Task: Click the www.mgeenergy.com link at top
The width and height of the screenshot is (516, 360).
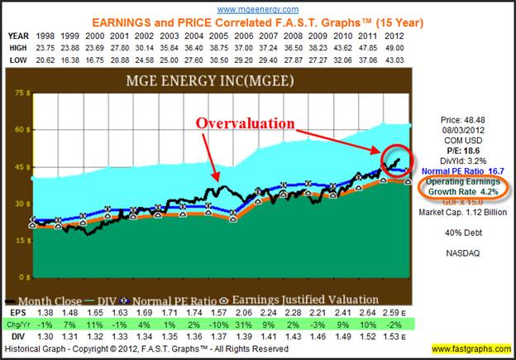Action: (x=258, y=8)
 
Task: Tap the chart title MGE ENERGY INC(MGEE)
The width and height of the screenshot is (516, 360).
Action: (x=217, y=83)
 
